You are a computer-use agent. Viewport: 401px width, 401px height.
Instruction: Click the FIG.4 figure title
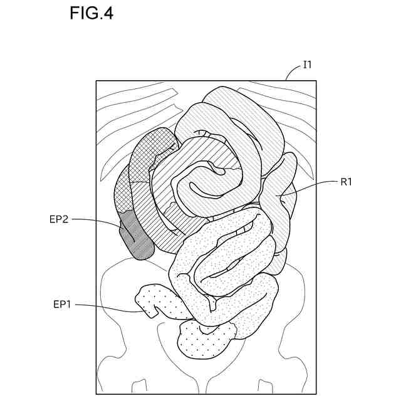91,14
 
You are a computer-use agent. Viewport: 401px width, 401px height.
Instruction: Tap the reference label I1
307,64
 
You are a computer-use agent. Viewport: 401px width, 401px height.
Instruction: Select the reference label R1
348,182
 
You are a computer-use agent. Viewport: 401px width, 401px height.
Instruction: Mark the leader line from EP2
100,221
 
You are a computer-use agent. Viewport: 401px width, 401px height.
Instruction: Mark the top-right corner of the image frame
316,81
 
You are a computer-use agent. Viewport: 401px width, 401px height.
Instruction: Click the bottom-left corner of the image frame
96,393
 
